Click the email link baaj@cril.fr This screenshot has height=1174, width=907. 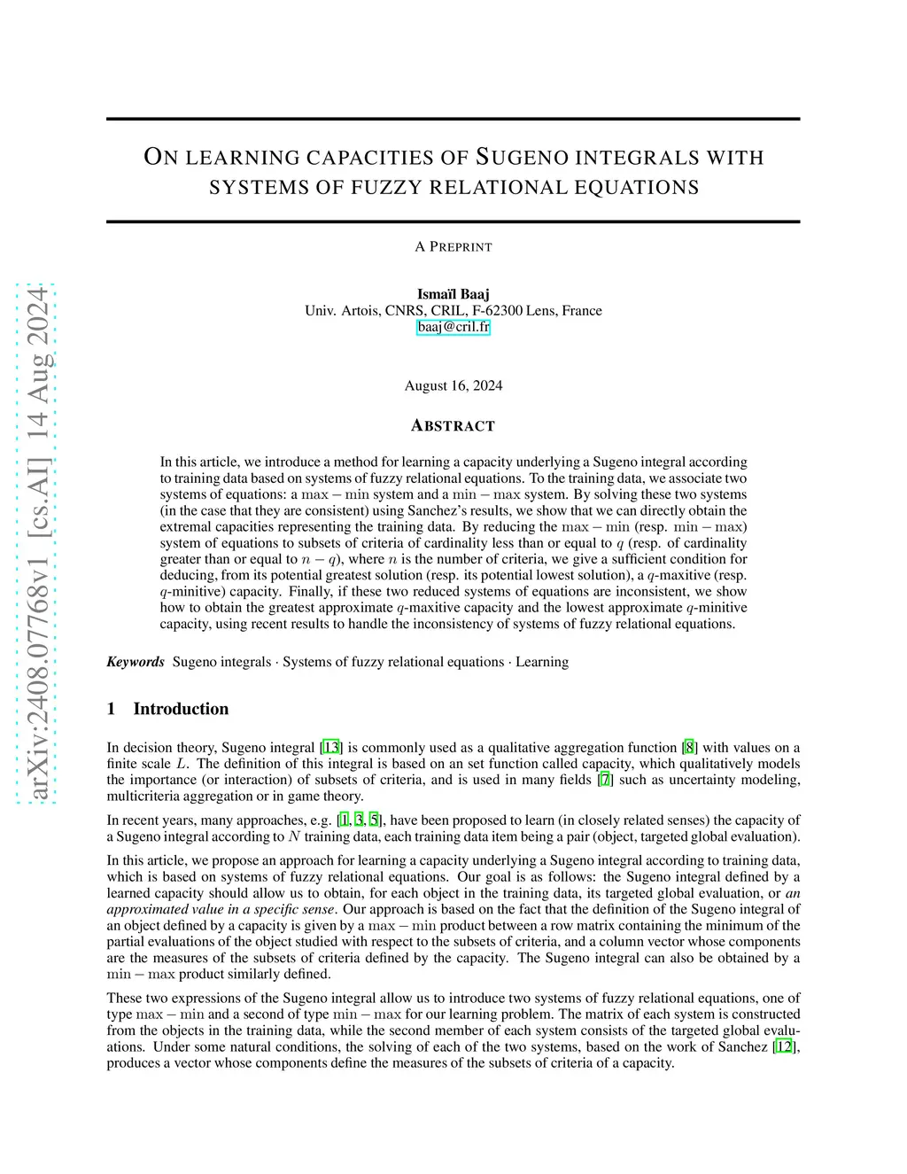point(453,327)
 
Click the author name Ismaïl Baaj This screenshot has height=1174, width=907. point(453,294)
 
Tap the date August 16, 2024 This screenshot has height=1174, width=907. point(453,385)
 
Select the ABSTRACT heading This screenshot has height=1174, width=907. point(453,426)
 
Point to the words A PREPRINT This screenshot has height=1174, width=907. point(453,247)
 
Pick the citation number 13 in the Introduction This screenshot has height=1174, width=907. point(331,748)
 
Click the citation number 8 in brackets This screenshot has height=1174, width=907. point(689,748)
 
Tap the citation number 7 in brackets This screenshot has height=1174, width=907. point(605,780)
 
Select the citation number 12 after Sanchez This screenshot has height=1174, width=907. point(784,1046)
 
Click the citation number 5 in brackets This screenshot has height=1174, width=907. point(375,820)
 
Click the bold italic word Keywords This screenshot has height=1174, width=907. point(136,662)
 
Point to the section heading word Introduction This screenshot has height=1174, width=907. point(181,709)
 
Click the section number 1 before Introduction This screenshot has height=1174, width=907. point(112,709)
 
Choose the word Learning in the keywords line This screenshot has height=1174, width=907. point(542,662)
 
